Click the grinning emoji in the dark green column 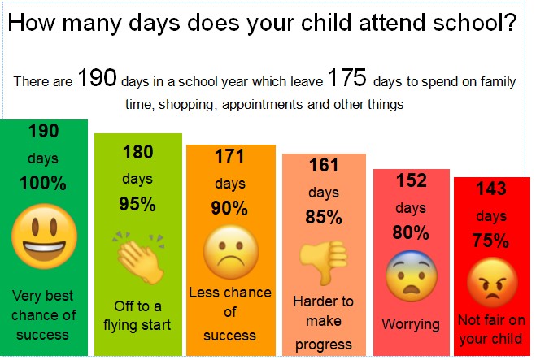coord(44,236)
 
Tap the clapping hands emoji coord(139,257)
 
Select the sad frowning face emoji coord(231,252)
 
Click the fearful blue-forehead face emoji coord(412,276)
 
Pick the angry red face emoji coord(492,282)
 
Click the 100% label coord(43,183)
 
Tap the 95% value coord(137,204)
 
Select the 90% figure coord(229,208)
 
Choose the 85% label coord(324,217)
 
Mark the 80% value coord(411,232)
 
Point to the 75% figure coord(491,241)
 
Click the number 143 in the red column coord(491,189)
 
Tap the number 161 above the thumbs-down coord(324,165)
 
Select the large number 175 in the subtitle coord(347,77)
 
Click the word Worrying coord(411,324)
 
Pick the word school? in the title coord(475,23)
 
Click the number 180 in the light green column coord(138,152)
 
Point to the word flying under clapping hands coord(120,326)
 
